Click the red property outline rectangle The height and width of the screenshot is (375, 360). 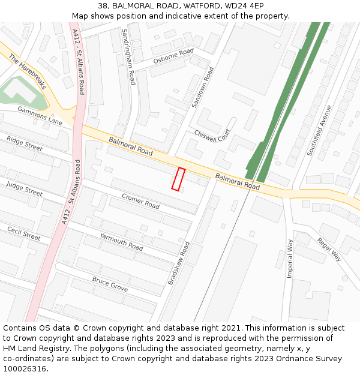[x=178, y=179]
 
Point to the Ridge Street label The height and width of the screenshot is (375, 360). [x=24, y=143]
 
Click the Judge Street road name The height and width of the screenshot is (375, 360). [x=24, y=188]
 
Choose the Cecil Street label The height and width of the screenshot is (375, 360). [x=23, y=233]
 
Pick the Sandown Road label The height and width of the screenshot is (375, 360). [x=202, y=88]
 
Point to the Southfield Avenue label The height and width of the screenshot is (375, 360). [x=319, y=130]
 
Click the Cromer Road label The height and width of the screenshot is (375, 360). [x=140, y=201]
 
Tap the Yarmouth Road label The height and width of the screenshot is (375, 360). [x=121, y=241]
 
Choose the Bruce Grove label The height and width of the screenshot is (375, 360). [x=110, y=284]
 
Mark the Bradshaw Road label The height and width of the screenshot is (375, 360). [x=178, y=263]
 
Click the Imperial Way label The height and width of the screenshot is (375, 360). [x=290, y=258]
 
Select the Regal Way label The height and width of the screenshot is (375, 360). [x=329, y=248]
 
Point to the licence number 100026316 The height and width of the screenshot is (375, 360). [x=25, y=368]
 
